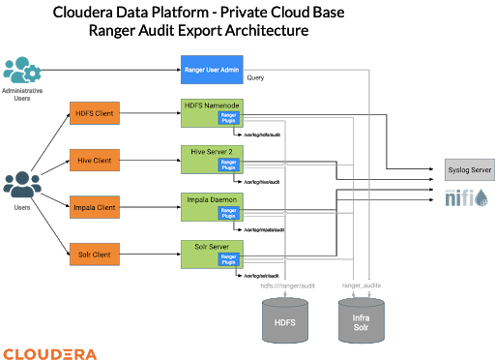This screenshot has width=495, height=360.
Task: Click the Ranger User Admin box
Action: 212,69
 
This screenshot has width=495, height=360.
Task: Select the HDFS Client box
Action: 95,113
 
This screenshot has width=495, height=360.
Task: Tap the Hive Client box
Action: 95,160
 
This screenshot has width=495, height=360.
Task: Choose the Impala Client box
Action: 95,207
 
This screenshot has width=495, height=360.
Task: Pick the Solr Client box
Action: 95,255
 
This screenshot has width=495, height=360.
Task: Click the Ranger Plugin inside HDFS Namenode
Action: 228,118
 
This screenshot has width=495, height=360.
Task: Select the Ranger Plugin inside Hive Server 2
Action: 228,165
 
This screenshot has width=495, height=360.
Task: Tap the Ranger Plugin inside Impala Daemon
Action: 228,212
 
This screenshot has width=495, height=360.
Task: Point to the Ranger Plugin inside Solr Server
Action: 228,258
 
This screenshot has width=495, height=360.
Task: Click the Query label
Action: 256,77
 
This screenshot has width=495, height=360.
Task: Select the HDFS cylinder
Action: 286,320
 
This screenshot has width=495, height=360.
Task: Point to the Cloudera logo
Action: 49,352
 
